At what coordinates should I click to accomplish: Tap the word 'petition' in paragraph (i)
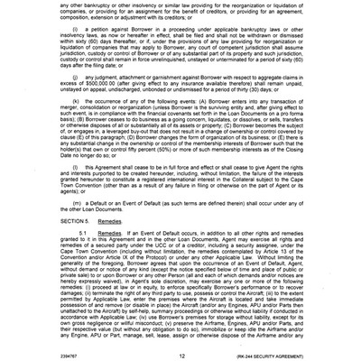pyautogui.click(x=106, y=42)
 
